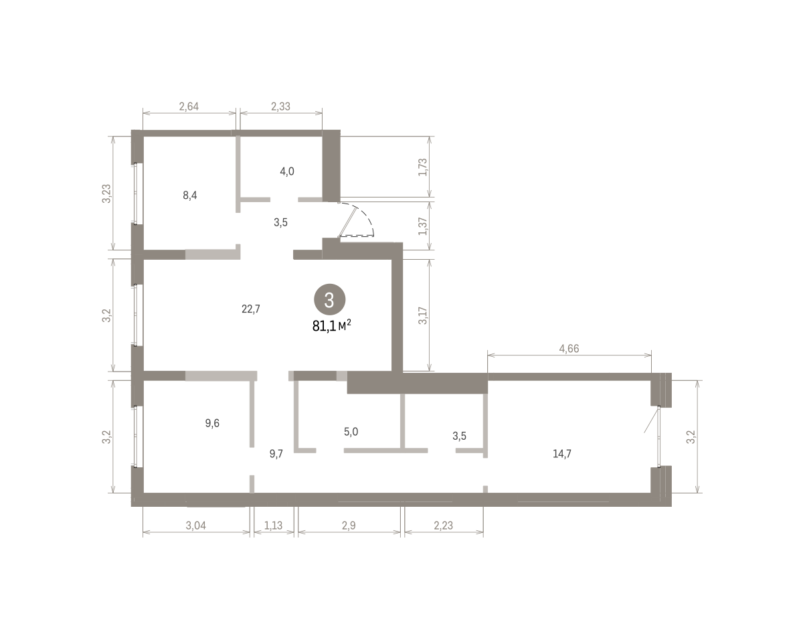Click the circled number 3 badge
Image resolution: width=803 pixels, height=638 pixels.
[x=329, y=299]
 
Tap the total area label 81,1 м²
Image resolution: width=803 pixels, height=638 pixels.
[x=331, y=326]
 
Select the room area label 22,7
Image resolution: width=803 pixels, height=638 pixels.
[x=251, y=309]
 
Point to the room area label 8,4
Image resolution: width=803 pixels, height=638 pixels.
[x=190, y=195]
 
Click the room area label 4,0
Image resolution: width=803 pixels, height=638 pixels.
[x=287, y=171]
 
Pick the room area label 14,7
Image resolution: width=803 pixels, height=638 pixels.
[x=562, y=454]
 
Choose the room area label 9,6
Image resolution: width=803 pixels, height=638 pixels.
[x=212, y=423]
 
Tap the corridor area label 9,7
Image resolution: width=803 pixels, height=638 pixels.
[x=276, y=454]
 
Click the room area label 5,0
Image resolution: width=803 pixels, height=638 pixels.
[x=351, y=432]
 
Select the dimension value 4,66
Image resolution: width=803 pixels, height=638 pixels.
[x=569, y=349]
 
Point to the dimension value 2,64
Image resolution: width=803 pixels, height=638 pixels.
[x=189, y=106]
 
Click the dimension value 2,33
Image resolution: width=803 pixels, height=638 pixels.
[x=280, y=106]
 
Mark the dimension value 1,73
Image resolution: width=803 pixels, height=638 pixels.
[x=423, y=167]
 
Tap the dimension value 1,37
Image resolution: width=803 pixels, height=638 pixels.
[x=423, y=226]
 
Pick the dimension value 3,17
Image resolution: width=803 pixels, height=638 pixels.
[x=423, y=315]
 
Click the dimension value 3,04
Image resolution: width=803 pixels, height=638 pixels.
[x=196, y=526]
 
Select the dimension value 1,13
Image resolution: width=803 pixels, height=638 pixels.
[x=274, y=526]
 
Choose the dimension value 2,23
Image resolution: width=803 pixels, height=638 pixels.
[x=443, y=526]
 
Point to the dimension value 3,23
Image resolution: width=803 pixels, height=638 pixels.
[x=106, y=193]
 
